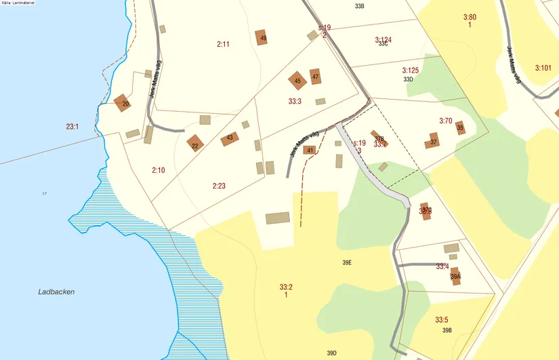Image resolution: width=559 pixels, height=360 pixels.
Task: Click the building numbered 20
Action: [x=123, y=103]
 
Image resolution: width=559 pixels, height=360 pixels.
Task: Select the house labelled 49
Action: [x=262, y=38]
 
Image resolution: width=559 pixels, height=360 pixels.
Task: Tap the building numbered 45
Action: [x=297, y=81]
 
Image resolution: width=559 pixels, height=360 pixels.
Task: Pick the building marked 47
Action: [x=316, y=77]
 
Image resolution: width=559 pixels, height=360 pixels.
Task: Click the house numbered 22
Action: [x=195, y=144]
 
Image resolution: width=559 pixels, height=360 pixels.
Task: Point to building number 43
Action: [x=230, y=138]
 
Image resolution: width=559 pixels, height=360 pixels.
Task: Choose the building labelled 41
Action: [x=310, y=150]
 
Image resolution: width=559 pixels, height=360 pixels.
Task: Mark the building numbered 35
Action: [x=460, y=127]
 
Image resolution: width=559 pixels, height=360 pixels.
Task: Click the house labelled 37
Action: [x=432, y=142]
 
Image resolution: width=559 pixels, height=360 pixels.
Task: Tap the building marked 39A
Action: [x=455, y=276]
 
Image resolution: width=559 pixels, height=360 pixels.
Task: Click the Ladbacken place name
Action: [x=56, y=292]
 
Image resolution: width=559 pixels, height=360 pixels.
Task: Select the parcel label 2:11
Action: [x=224, y=45]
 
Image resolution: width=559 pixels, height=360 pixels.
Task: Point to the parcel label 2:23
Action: [x=219, y=185]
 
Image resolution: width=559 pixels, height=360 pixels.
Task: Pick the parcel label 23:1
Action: [x=73, y=126]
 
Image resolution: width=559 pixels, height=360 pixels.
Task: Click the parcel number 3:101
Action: [x=543, y=68]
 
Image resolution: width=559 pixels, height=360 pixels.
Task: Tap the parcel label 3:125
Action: [x=411, y=70]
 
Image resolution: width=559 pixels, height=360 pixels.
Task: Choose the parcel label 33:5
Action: [x=442, y=320]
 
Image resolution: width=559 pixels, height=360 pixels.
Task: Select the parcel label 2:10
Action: [x=159, y=169]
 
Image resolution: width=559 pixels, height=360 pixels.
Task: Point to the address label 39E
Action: [x=348, y=262]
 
